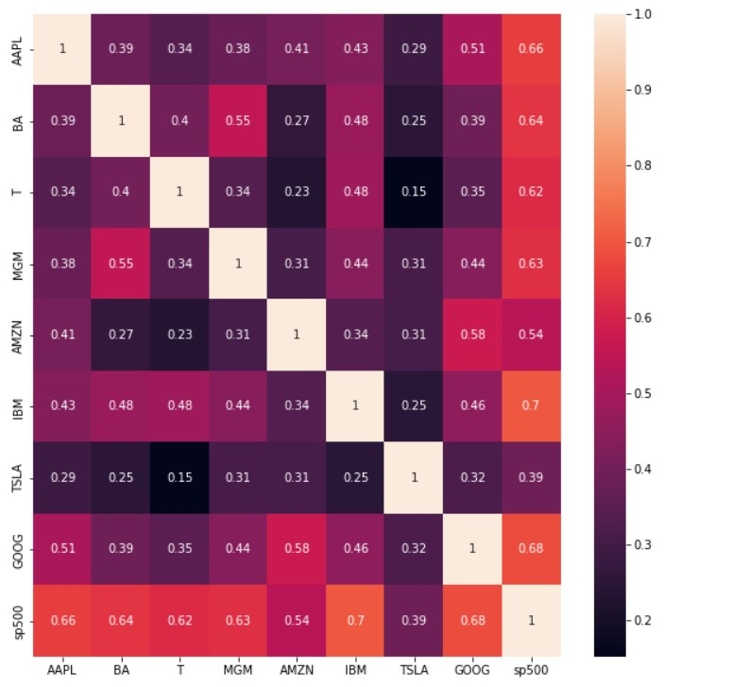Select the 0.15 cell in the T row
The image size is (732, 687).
tap(414, 192)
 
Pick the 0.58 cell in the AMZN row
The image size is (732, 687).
tap(472, 335)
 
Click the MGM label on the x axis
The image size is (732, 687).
tap(238, 670)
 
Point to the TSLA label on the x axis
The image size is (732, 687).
tap(414, 670)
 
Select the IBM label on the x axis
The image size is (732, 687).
tap(355, 670)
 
